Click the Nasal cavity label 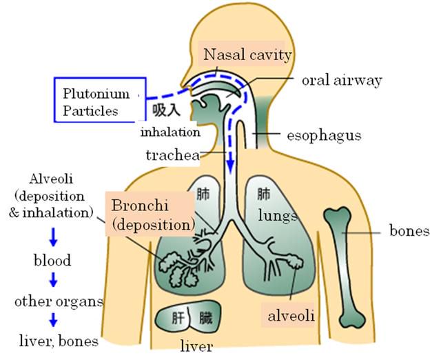click(x=247, y=55)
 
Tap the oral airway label click(x=342, y=81)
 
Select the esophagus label click(x=324, y=136)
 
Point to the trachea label click(x=173, y=155)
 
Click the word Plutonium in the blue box click(x=96, y=94)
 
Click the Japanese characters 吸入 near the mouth click(x=166, y=110)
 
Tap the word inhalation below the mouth click(x=170, y=132)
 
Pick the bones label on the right click(x=409, y=231)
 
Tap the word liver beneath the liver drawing click(x=196, y=346)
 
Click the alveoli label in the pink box click(x=291, y=316)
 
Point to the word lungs click(x=278, y=216)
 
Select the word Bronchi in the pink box click(x=140, y=206)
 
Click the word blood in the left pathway click(x=52, y=261)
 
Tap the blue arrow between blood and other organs click(x=53, y=279)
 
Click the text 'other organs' click(x=59, y=301)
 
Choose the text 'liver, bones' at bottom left click(x=59, y=341)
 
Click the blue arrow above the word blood click(x=53, y=237)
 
